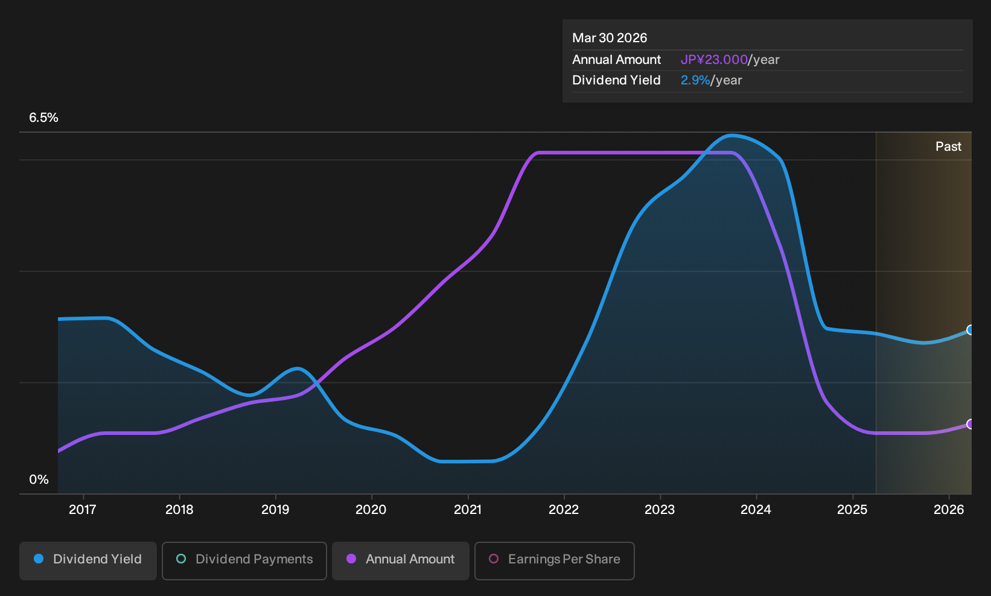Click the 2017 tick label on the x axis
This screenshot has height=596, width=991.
click(x=83, y=510)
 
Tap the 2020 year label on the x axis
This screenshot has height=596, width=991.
click(x=371, y=510)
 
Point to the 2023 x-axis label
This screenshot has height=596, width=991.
click(x=660, y=510)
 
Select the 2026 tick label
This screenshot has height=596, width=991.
click(x=949, y=510)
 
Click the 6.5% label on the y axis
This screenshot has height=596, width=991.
click(x=43, y=118)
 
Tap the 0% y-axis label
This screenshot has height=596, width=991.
click(x=39, y=480)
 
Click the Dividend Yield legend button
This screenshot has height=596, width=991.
click(x=88, y=560)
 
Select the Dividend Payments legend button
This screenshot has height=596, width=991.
click(x=244, y=560)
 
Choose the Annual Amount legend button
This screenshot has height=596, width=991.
click(x=400, y=560)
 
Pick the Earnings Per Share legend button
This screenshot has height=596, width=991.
click(x=554, y=560)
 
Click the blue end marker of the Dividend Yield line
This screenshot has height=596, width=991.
click(x=970, y=330)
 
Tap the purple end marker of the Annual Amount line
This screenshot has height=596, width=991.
click(x=970, y=424)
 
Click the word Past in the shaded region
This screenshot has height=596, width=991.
click(x=948, y=147)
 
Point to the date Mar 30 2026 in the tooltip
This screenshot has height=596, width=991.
click(x=609, y=38)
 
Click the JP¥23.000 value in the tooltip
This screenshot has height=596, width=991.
click(x=713, y=60)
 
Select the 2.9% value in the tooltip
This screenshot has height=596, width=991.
click(x=695, y=80)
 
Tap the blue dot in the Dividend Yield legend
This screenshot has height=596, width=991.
click(x=39, y=559)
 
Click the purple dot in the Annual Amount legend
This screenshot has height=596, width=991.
click(x=351, y=559)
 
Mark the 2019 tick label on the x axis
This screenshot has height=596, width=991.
click(x=275, y=510)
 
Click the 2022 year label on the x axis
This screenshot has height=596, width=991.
click(x=564, y=510)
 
